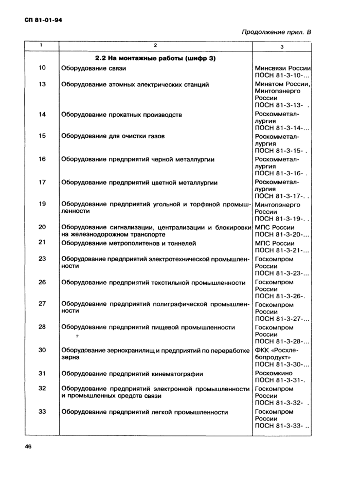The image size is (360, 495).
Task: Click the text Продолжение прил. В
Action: point(276,33)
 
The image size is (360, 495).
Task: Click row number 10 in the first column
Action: point(42,68)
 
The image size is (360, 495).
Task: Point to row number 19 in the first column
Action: point(42,204)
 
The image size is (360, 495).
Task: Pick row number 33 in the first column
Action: point(42,411)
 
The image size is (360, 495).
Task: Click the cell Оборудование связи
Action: point(94,68)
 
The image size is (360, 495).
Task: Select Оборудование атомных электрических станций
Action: point(134,84)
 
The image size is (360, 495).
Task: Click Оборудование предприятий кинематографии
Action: point(132,374)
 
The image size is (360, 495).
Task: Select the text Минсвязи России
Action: point(284,68)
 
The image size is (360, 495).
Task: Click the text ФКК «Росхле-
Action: point(277,350)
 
